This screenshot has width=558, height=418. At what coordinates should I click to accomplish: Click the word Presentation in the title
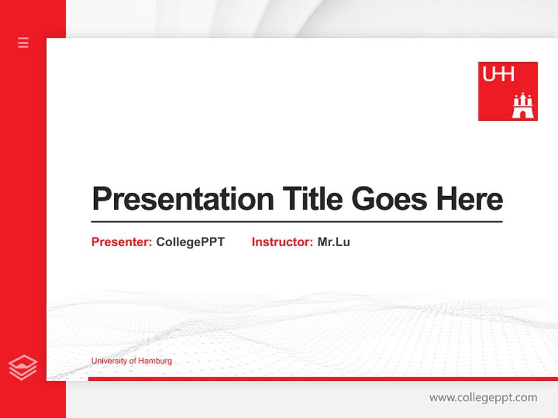[183, 199]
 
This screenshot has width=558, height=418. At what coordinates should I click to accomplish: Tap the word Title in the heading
[313, 199]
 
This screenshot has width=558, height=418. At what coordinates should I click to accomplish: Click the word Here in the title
[469, 199]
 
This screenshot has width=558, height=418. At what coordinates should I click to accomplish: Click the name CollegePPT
[190, 242]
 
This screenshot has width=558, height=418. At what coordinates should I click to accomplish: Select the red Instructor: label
[282, 242]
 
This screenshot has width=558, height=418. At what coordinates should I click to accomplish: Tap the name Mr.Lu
[334, 242]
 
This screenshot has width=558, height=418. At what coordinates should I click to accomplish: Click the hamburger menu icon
[23, 42]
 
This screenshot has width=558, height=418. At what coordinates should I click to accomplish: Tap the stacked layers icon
[23, 367]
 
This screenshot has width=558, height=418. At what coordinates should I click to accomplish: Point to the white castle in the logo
[523, 106]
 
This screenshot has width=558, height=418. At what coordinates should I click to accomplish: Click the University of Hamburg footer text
[131, 361]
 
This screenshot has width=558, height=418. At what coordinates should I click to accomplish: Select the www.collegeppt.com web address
[483, 398]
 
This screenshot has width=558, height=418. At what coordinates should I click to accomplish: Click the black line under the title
[296, 221]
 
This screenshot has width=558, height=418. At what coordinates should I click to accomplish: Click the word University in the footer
[107, 361]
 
